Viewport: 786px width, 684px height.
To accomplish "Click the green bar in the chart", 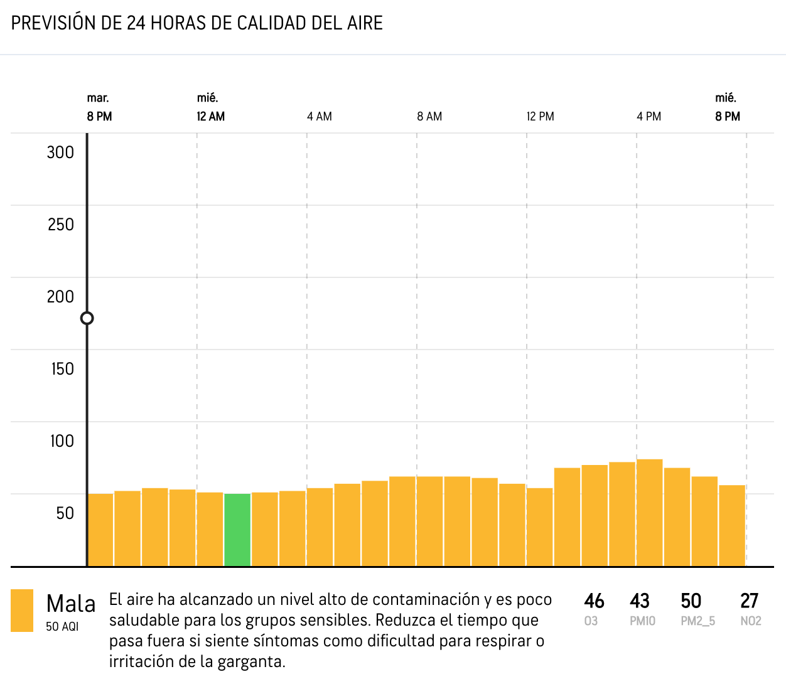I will pyautogui.click(x=237, y=530).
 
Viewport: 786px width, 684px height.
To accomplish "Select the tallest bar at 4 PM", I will pyautogui.click(x=649, y=513).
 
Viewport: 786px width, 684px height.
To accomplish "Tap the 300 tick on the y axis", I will pyautogui.click(x=60, y=152).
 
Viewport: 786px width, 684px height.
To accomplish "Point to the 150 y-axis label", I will pyautogui.click(x=62, y=369).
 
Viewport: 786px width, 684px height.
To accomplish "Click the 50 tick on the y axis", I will pyautogui.click(x=65, y=513).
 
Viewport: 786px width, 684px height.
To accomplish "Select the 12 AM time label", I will pyautogui.click(x=210, y=117).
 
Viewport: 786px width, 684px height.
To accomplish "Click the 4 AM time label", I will pyautogui.click(x=320, y=117).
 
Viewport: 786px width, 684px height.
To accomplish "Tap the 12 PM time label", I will pyautogui.click(x=540, y=117).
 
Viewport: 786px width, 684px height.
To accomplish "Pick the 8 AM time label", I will pyautogui.click(x=429, y=117).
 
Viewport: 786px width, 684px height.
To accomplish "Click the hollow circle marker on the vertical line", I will pyautogui.click(x=87, y=318).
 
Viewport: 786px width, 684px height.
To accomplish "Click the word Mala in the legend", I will pyautogui.click(x=71, y=604).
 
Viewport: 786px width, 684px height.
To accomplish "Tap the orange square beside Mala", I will pyautogui.click(x=22, y=611).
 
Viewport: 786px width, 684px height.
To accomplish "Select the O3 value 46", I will pyautogui.click(x=594, y=601).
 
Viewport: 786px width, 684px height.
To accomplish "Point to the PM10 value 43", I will pyautogui.click(x=640, y=601).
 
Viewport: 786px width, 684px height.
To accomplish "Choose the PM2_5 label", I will pyautogui.click(x=697, y=621).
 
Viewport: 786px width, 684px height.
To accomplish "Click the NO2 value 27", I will pyautogui.click(x=750, y=601).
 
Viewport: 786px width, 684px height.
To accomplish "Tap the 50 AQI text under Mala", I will pyautogui.click(x=62, y=627).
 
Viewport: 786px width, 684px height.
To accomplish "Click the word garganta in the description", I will pyautogui.click(x=250, y=661).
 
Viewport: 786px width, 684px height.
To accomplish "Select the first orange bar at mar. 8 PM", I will pyautogui.click(x=100, y=530).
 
